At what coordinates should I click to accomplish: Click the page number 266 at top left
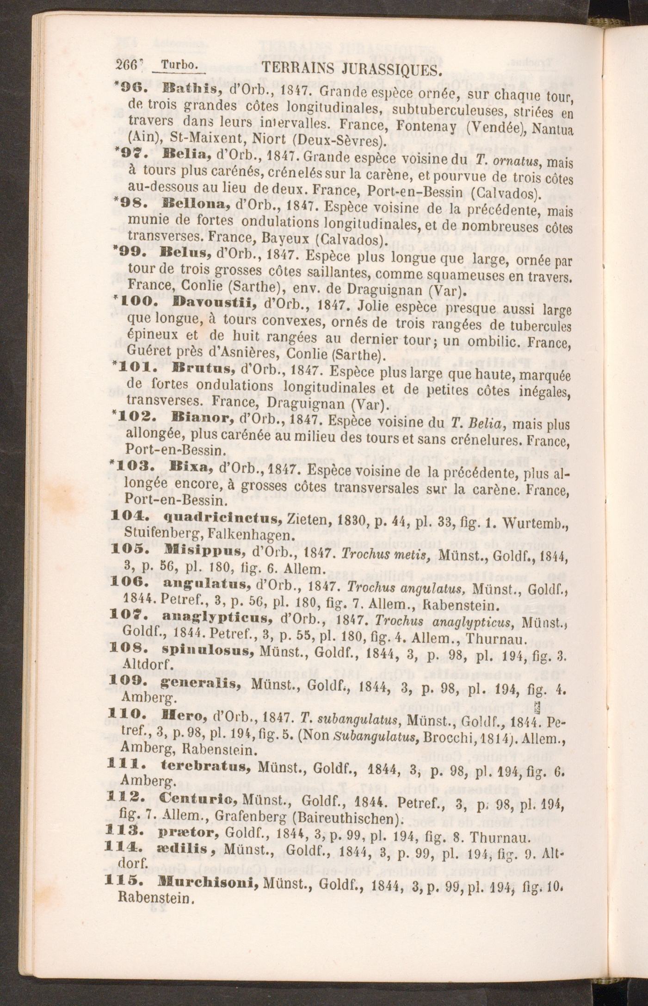pos(125,66)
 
